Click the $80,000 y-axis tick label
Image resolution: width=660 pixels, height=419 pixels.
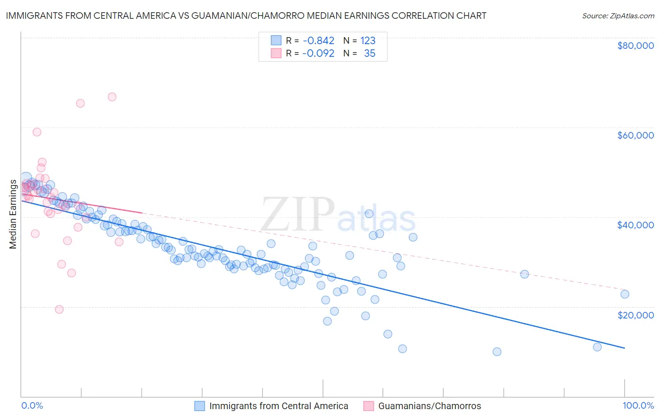click(x=635, y=46)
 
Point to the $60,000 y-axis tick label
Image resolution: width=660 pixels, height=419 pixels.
click(x=635, y=135)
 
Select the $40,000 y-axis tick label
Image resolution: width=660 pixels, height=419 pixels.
click(x=635, y=225)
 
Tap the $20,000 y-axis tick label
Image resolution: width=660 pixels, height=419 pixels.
click(x=635, y=315)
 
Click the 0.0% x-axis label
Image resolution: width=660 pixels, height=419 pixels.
click(x=32, y=405)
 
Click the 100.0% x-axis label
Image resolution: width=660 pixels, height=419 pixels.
click(x=638, y=405)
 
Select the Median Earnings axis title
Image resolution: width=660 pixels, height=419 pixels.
click(x=13, y=214)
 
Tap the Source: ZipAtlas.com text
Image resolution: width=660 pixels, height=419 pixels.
click(x=618, y=16)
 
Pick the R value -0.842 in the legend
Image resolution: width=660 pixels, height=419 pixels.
click(x=318, y=40)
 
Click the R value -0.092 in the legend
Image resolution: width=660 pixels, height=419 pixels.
click(x=318, y=54)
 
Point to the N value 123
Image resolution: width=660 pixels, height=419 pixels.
click(x=368, y=40)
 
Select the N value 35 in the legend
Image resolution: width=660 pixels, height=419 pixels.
click(x=369, y=54)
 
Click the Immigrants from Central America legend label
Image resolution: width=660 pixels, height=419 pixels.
click(x=278, y=406)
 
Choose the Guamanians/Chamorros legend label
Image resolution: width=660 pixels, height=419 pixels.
click(x=430, y=406)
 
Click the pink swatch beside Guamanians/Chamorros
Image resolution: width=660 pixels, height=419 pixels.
click(x=368, y=406)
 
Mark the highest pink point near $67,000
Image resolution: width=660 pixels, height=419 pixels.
click(x=112, y=97)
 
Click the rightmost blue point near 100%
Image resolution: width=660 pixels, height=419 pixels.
click(x=624, y=294)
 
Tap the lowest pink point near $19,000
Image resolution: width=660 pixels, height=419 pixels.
click(x=59, y=309)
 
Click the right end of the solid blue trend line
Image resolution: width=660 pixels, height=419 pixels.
click(x=624, y=348)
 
